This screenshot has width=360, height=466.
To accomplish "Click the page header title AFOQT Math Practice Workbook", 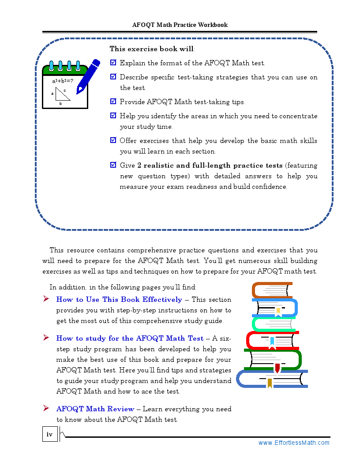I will [x=180, y=25].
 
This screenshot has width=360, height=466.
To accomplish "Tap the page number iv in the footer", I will [x=49, y=435].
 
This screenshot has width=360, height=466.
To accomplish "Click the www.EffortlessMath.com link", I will [x=294, y=443].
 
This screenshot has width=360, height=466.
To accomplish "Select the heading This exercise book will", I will [x=152, y=49].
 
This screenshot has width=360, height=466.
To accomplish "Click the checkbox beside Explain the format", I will [x=113, y=63].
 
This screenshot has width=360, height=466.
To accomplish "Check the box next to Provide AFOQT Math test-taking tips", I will [x=113, y=101].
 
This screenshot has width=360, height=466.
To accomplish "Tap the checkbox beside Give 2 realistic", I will [x=113, y=165].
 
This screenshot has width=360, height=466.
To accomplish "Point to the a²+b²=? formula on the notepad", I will [x=63, y=81].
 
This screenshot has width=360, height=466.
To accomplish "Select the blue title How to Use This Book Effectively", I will [x=119, y=300].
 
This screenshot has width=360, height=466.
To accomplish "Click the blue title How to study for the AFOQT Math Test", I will [x=130, y=338].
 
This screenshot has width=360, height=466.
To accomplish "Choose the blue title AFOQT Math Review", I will [x=95, y=409].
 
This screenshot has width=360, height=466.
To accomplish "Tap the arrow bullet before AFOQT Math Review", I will [x=46, y=409].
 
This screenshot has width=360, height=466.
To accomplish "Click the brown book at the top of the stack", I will [x=272, y=290].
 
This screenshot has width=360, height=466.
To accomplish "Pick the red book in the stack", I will [x=271, y=341].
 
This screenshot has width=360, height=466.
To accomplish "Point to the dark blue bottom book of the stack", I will [x=271, y=379].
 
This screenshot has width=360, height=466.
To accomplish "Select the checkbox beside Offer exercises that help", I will [x=113, y=140].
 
